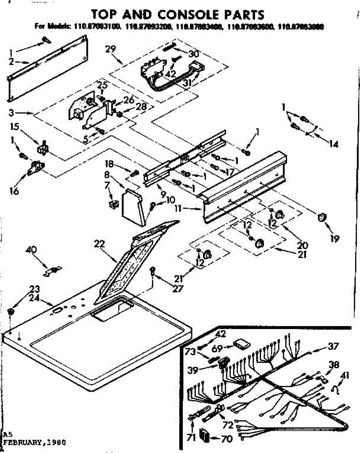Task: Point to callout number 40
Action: pos(32,250)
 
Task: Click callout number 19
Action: pos(334,238)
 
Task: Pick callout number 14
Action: pos(333,144)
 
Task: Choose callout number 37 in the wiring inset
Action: pos(333,346)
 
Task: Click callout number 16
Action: pos(14,191)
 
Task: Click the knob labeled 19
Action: pos(323,218)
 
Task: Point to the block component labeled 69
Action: pos(240,344)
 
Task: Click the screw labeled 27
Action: pos(152,270)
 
